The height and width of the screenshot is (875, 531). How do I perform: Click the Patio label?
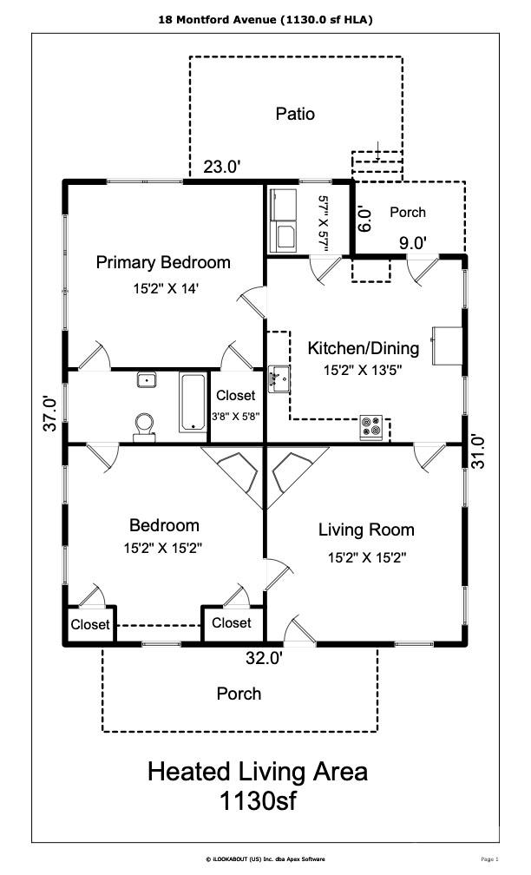[295, 114]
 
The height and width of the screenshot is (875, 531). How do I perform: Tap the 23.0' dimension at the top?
[222, 168]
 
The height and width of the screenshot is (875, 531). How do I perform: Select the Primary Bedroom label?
[163, 262]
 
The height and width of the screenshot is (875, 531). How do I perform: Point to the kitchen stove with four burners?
[371, 427]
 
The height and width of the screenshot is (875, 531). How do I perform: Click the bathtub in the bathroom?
[192, 402]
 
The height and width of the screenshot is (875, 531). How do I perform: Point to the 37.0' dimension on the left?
[53, 413]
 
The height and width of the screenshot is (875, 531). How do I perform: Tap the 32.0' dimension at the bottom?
[264, 659]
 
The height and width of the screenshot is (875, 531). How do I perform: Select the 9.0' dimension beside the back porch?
[413, 244]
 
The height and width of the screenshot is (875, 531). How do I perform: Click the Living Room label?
[366, 530]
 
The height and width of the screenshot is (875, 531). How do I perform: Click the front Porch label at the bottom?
[239, 694]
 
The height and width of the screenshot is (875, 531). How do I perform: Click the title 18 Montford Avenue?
[265, 19]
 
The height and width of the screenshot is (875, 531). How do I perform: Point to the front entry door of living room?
[298, 635]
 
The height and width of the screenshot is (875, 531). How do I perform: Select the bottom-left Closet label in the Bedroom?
[90, 625]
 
